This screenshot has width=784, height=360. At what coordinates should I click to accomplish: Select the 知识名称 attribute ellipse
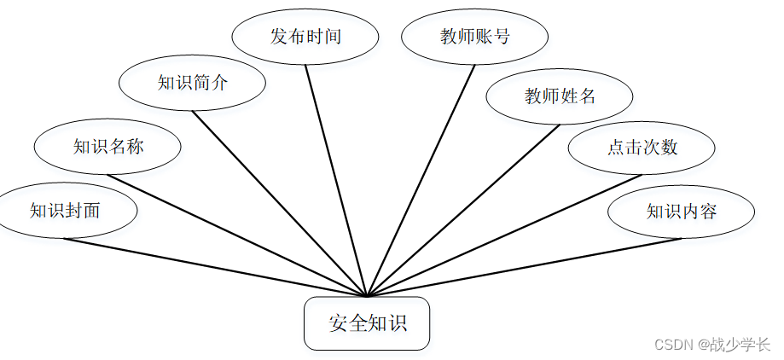tap(107, 147)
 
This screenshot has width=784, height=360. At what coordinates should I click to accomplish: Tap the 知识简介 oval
tap(192, 83)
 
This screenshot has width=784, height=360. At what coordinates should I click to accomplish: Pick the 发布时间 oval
tap(305, 37)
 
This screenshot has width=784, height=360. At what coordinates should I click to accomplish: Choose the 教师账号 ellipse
tap(474, 37)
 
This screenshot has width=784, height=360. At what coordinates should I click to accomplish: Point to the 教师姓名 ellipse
tap(559, 96)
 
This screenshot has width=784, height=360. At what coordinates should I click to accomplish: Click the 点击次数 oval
tap(642, 147)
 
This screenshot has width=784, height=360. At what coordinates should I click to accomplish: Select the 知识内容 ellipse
tap(681, 211)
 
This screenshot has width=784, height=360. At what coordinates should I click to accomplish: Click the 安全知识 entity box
tap(367, 323)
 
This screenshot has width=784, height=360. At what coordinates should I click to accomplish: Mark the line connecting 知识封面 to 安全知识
tap(216, 267)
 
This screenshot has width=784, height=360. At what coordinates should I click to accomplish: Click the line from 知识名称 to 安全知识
tap(237, 235)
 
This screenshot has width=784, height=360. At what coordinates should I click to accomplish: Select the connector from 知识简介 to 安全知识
tap(279, 204)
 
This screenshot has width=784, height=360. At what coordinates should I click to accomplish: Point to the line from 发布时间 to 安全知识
tap(336, 181)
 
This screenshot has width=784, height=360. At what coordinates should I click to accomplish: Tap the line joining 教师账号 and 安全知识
tap(421, 181)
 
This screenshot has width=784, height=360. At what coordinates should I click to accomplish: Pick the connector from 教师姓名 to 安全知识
tap(463, 210)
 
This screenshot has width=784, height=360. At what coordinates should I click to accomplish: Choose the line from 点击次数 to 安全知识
tap(504, 235)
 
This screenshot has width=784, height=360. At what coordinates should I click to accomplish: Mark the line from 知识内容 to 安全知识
tap(524, 267)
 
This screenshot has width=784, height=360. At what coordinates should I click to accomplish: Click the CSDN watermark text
tap(674, 345)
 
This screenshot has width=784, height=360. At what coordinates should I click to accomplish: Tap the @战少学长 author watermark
tap(734, 345)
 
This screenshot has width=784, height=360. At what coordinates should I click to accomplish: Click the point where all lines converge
tap(367, 296)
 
